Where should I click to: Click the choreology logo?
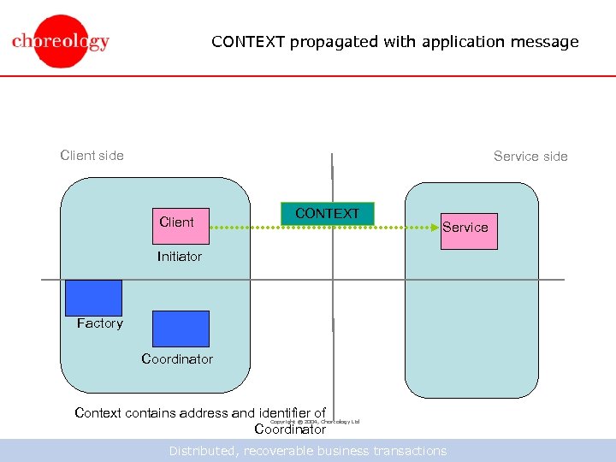[x=61, y=41]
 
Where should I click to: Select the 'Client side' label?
[x=92, y=156]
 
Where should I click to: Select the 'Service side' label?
[x=530, y=157]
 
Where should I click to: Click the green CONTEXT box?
[x=327, y=214]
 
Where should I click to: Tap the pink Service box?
[x=468, y=230]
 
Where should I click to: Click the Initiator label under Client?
[x=180, y=257]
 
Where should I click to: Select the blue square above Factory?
[x=93, y=298]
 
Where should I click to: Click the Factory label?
[x=99, y=323]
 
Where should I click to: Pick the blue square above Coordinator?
[x=180, y=329]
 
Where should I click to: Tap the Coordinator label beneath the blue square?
[x=177, y=359]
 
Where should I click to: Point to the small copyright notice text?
[x=315, y=422]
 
